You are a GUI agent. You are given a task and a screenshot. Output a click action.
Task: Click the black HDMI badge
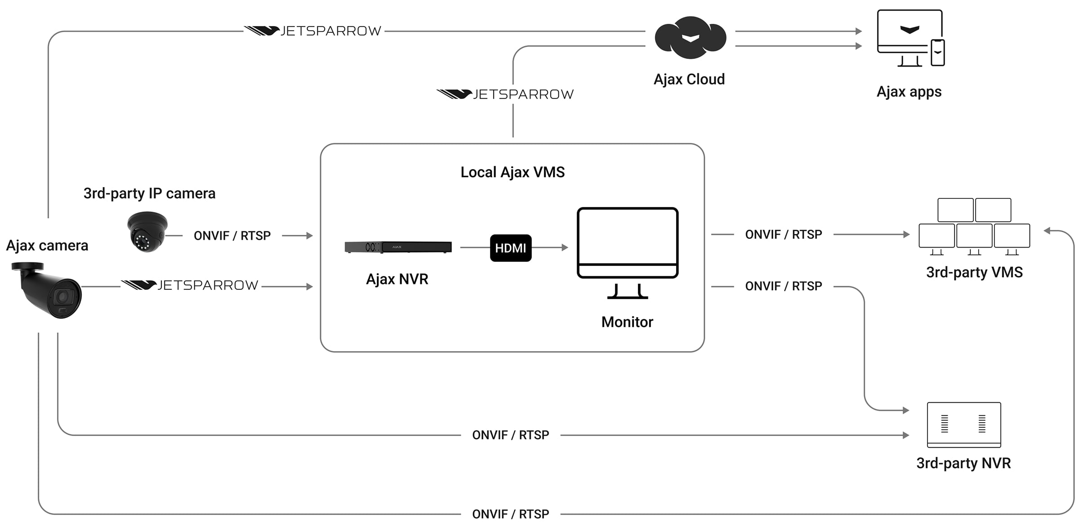[x=510, y=248]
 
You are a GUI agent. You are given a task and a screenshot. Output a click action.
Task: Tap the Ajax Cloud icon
[x=690, y=38]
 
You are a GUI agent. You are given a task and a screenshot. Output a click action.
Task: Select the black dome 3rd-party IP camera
[x=147, y=231]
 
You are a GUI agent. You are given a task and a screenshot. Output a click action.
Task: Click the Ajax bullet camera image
[x=49, y=291]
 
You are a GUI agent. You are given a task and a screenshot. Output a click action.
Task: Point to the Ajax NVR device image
[x=398, y=247]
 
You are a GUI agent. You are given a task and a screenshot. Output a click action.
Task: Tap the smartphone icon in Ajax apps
[x=937, y=53]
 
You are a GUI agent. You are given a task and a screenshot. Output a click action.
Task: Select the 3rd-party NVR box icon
[x=964, y=425]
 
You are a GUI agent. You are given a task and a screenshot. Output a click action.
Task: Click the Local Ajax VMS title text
[x=513, y=172]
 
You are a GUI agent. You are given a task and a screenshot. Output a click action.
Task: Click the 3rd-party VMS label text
[x=974, y=272]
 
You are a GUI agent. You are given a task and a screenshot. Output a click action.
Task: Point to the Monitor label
[x=627, y=322]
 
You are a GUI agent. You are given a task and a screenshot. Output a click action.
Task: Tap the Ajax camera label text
[x=47, y=246]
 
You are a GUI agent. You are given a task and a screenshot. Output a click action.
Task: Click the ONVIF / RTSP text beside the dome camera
[x=232, y=236]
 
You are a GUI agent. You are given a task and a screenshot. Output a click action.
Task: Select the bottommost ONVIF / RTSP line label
[x=510, y=514]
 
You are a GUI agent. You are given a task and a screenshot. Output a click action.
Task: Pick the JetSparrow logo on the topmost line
[x=313, y=31]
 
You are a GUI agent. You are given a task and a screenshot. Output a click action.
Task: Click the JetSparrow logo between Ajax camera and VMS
[x=190, y=285]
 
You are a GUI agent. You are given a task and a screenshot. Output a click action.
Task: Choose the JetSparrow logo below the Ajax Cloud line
[x=505, y=94]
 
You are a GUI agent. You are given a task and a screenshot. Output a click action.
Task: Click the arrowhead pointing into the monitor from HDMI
[x=565, y=247]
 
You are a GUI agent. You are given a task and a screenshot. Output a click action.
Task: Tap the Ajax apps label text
[x=909, y=92]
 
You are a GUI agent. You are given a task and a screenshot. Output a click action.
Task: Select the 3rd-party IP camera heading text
[x=149, y=193]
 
